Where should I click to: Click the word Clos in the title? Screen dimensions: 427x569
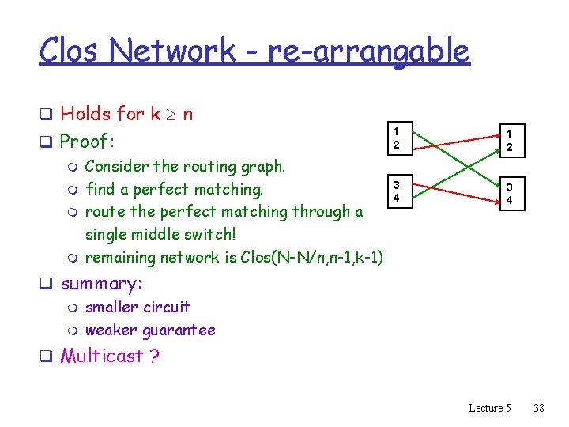(x=70, y=51)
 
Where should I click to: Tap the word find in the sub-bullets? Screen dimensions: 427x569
(x=100, y=189)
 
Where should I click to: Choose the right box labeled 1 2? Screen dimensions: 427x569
(x=509, y=141)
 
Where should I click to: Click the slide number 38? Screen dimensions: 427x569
(x=539, y=408)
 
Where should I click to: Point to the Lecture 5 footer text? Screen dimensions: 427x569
(x=490, y=408)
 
